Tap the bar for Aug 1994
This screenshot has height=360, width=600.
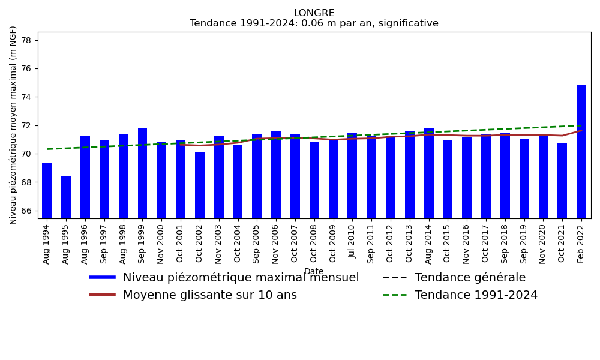(x=47, y=190)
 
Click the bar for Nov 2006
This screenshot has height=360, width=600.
(x=276, y=175)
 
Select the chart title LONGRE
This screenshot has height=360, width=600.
(x=314, y=13)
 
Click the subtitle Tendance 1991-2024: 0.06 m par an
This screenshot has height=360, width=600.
(x=314, y=23)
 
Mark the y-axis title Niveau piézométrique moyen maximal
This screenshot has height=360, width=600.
(x=13, y=125)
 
